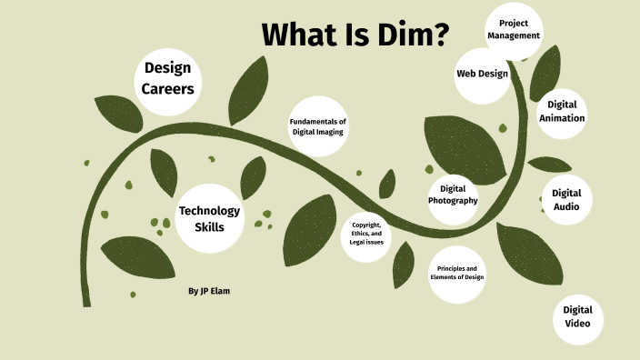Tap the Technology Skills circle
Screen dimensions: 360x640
click(210, 218)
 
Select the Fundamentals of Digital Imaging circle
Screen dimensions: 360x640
click(318, 127)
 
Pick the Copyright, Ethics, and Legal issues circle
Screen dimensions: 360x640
click(367, 234)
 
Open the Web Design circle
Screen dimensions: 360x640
click(482, 73)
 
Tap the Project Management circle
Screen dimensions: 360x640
click(514, 29)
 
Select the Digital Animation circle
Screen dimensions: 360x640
click(562, 112)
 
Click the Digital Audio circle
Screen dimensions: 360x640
click(566, 199)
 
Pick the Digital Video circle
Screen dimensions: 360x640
click(578, 317)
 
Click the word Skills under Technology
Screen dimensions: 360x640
click(210, 226)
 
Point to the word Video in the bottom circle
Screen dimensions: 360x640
click(578, 325)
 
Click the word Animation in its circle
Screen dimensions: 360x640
click(562, 118)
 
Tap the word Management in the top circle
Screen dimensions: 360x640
click(514, 35)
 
